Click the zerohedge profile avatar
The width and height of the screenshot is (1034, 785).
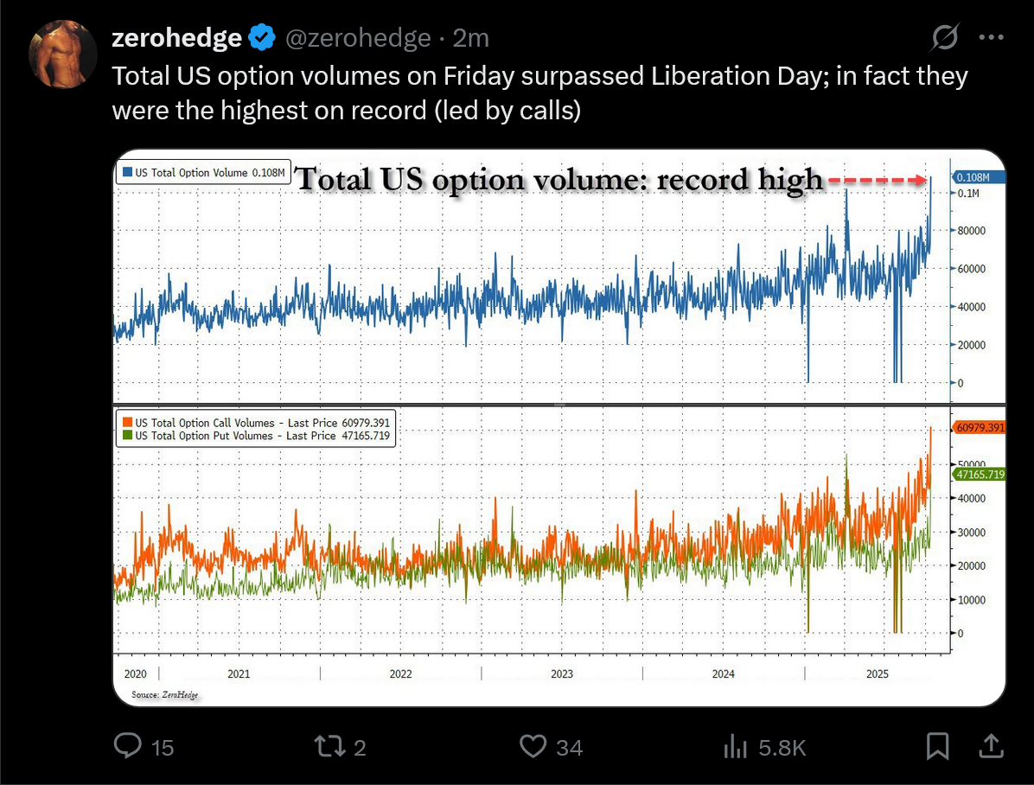tap(62, 54)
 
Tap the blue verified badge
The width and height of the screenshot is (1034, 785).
tap(263, 38)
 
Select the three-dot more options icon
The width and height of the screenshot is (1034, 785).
tap(991, 37)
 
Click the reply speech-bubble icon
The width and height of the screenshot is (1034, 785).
tap(128, 745)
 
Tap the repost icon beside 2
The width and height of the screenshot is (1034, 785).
tap(329, 745)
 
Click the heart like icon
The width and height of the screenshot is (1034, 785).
tap(533, 745)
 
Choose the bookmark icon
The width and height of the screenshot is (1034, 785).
tap(938, 745)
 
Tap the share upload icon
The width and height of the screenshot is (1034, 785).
tap(991, 745)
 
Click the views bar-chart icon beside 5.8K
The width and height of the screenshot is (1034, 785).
tap(735, 745)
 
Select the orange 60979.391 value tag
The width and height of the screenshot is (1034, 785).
tap(979, 428)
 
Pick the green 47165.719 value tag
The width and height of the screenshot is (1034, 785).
tap(979, 474)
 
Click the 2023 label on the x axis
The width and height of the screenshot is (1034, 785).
tap(562, 674)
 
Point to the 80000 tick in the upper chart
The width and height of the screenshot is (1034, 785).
tap(972, 231)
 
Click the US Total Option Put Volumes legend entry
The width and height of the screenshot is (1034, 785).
tap(256, 437)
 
